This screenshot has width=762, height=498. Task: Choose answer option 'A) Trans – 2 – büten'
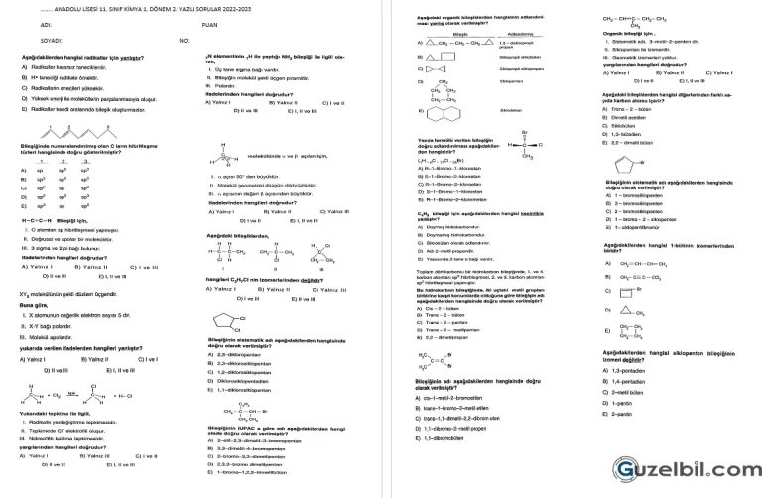(x=628, y=109)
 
